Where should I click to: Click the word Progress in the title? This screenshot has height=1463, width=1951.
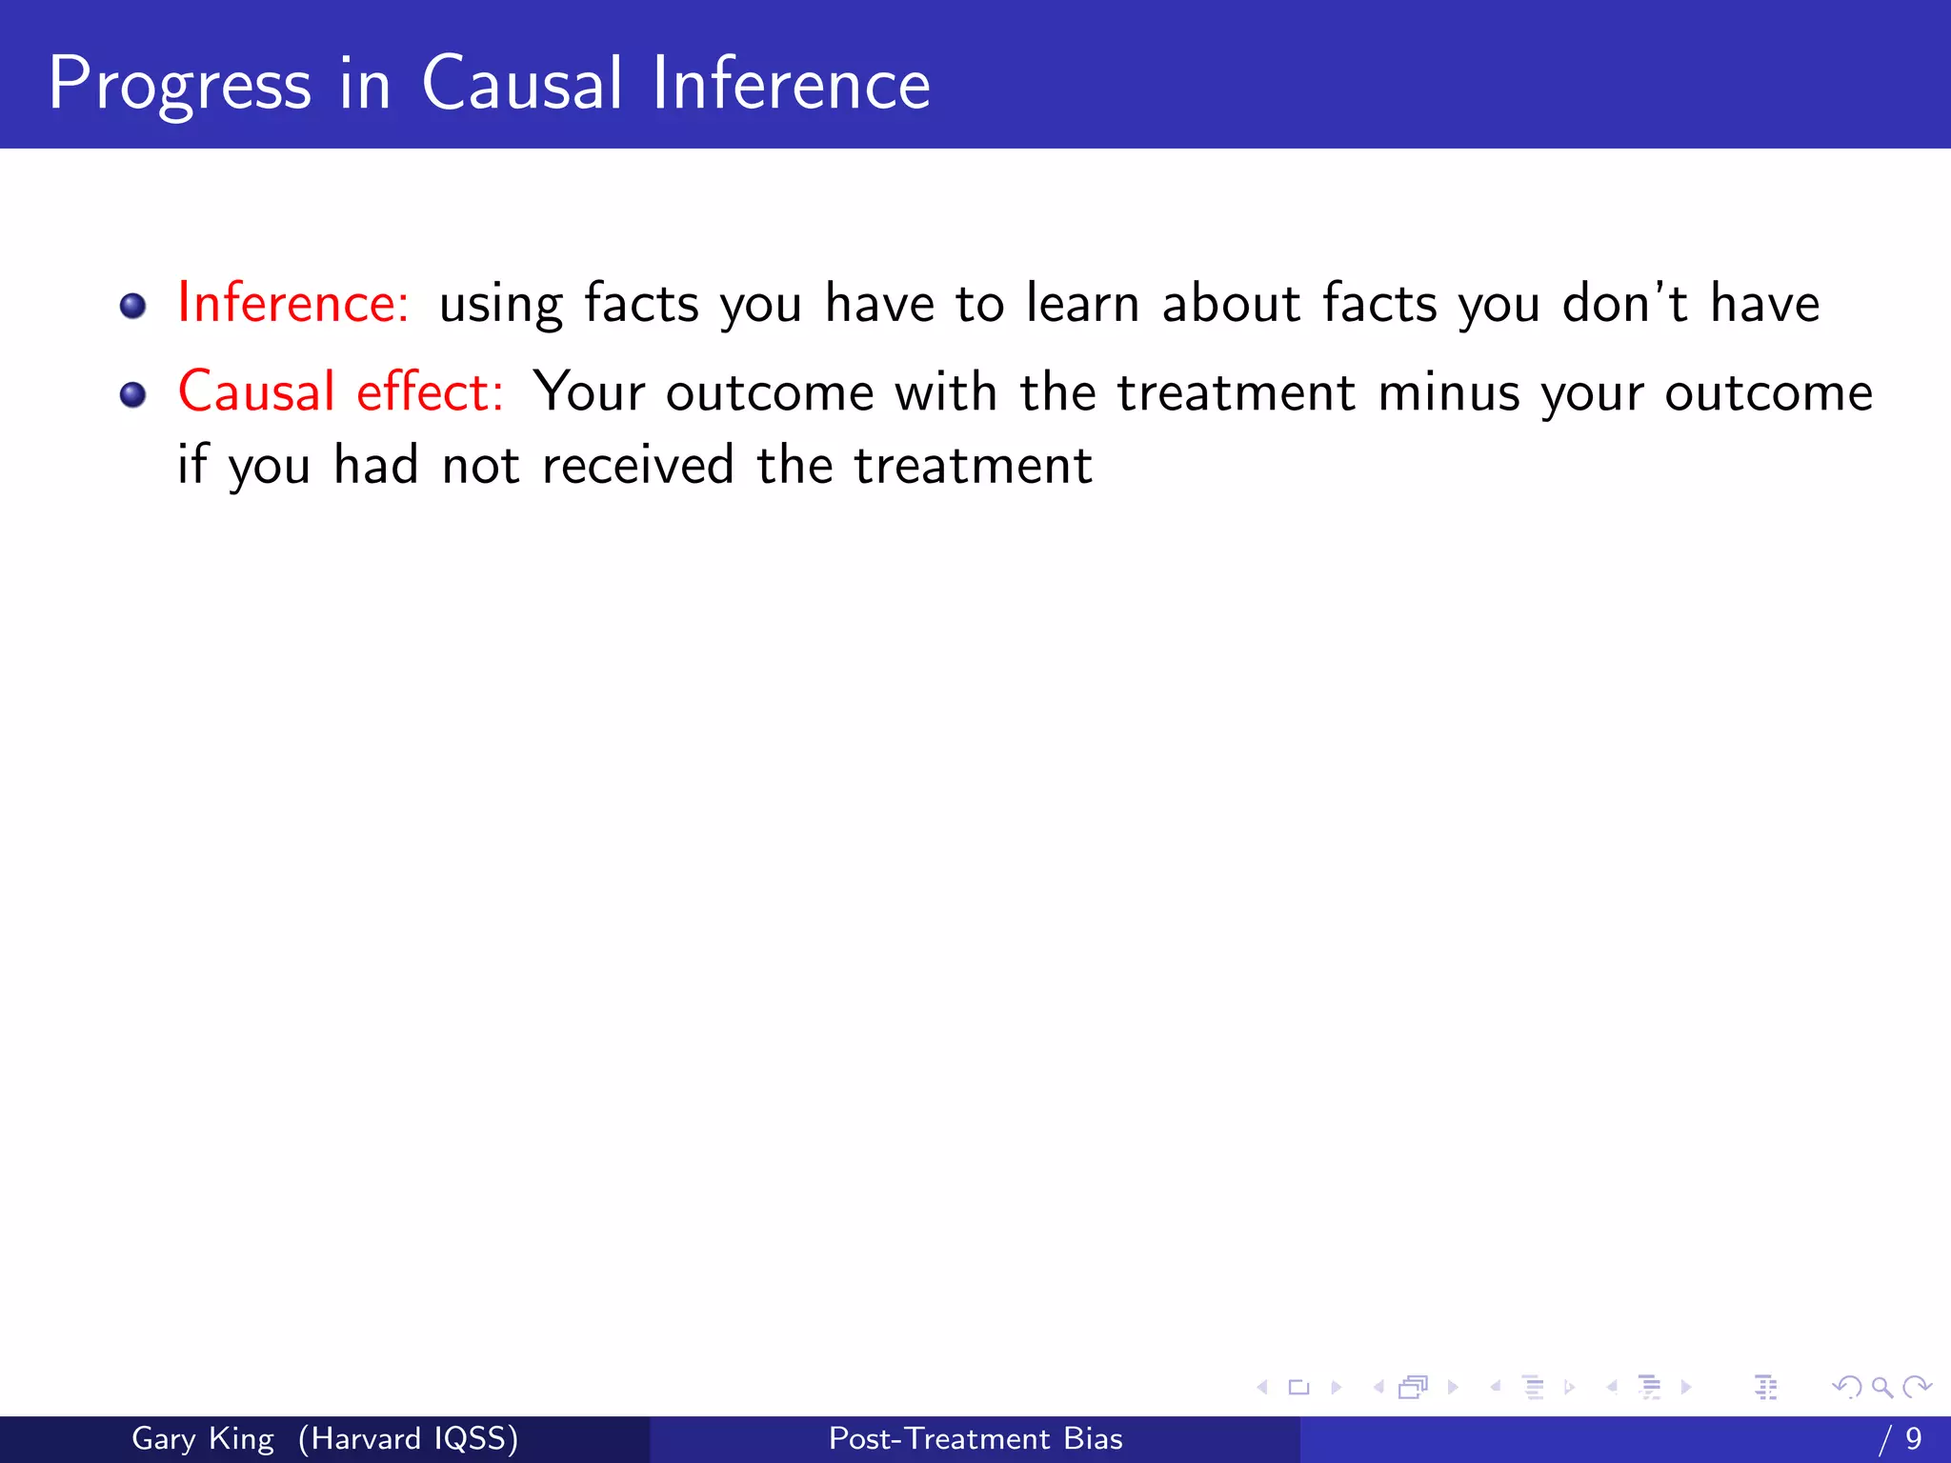point(179,86)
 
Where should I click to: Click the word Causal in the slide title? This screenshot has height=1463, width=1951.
point(522,84)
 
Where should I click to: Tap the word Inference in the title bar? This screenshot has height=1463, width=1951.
point(791,84)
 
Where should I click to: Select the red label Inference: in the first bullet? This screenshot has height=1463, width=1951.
point(293,303)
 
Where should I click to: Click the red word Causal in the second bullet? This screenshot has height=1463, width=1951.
point(256,391)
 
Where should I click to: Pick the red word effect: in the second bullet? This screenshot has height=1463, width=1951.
point(430,391)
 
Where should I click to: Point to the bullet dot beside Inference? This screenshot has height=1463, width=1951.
point(132,306)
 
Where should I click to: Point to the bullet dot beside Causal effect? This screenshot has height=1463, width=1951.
point(132,394)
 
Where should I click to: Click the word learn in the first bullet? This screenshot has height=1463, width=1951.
point(1082,304)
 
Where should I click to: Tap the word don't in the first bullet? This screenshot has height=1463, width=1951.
point(1624,303)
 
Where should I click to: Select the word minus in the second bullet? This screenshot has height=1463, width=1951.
point(1448,392)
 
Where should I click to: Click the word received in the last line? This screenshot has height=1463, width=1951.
point(637,466)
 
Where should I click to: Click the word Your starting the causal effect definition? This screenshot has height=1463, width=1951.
point(589,392)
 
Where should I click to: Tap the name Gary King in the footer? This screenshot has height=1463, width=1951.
point(202,1438)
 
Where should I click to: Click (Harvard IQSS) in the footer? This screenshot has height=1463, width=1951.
point(409,1438)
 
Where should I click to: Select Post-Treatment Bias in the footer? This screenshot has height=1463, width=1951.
point(975,1438)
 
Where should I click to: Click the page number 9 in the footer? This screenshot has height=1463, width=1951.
point(1914,1438)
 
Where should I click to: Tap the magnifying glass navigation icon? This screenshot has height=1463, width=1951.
point(1881,1387)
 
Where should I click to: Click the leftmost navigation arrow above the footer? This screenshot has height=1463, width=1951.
point(1262,1387)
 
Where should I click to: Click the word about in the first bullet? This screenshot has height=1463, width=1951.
point(1231,303)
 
